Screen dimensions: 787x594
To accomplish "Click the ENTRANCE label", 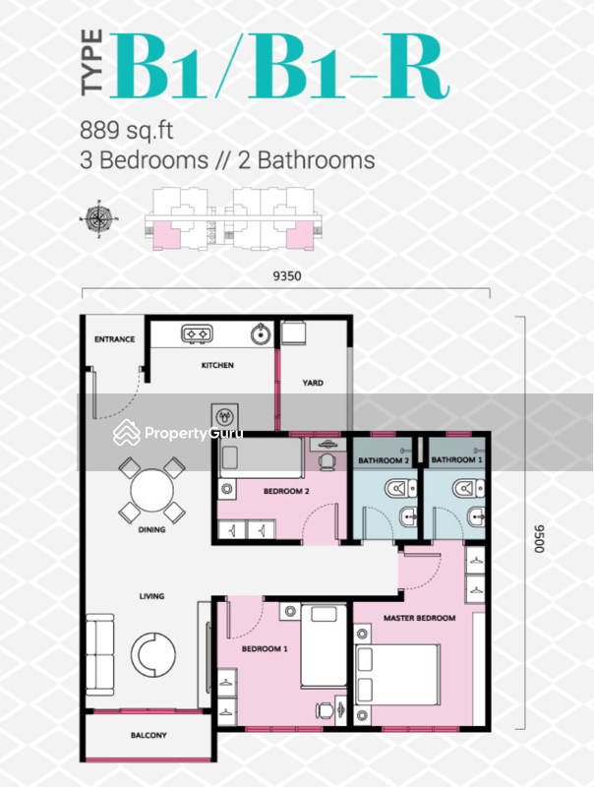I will (114, 339).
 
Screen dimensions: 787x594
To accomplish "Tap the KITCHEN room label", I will (217, 366).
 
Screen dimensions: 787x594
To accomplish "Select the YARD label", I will (313, 384).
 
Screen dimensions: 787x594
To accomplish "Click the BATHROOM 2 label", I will (384, 460).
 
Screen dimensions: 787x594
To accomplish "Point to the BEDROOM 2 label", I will (259, 490).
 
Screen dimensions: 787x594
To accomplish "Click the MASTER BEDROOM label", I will (420, 618).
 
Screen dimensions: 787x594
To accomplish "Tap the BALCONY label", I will (148, 736).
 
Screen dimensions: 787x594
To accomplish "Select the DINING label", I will (151, 529).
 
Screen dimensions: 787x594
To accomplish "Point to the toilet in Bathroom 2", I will (397, 486).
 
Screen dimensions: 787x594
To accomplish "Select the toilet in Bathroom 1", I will (465, 486).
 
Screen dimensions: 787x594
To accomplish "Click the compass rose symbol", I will (102, 215).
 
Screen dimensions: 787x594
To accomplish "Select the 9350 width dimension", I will (286, 276).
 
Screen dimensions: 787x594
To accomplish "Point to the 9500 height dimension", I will (539, 540).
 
